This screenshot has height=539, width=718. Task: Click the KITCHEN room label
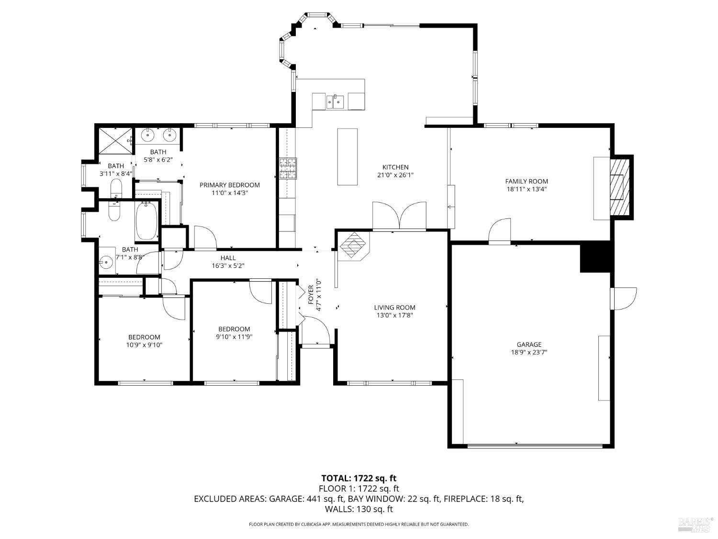coord(395,167)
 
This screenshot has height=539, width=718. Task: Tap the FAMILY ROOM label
coord(527,181)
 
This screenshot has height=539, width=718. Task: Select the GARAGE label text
coord(529,344)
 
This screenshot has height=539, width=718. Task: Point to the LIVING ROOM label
coord(394,308)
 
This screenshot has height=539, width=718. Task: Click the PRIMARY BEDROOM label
coord(229,185)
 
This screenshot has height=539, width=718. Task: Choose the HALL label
coord(228,258)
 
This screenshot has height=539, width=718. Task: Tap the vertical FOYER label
coord(311,295)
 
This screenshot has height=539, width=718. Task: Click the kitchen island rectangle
coord(348,156)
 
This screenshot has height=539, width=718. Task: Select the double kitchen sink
coord(335,102)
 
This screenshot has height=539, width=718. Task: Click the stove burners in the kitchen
coord(288,169)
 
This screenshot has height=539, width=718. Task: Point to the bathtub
coord(147,220)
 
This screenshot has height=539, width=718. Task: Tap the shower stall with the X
coord(115,140)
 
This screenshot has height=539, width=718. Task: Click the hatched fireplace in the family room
coord(619,187)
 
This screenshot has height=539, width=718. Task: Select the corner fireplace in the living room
coord(353,245)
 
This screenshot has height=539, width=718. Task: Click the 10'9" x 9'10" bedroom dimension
coord(144,344)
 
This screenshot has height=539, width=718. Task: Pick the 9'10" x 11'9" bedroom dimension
coord(234,336)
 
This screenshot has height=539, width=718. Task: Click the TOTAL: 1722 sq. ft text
coord(359,478)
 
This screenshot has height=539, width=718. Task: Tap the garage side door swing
coord(625,298)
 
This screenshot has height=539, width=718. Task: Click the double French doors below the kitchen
coord(399,217)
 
